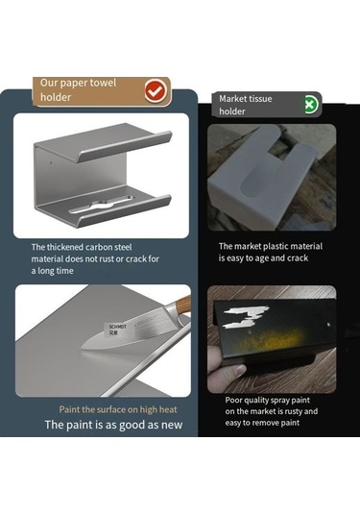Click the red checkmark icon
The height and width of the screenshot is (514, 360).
pos(156,91)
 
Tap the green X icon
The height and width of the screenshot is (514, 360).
pos(310,105)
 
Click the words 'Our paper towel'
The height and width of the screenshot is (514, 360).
pos(79,83)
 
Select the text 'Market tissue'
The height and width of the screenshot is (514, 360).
pos(246,99)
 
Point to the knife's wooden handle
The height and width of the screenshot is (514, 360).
pos(182,305)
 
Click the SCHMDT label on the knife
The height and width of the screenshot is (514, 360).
pos(117,330)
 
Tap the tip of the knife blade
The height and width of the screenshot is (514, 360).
pos(83,348)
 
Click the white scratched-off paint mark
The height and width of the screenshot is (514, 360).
pos(246,316)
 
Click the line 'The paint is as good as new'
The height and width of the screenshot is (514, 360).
pos(113,425)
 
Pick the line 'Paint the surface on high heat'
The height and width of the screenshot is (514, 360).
pos(118,409)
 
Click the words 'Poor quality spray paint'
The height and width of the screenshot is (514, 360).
pos(267,401)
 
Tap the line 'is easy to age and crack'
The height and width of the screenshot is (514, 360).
pos(263,258)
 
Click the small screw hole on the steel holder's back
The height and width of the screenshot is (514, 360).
pos(50,162)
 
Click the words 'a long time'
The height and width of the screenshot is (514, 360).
pos(53,271)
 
